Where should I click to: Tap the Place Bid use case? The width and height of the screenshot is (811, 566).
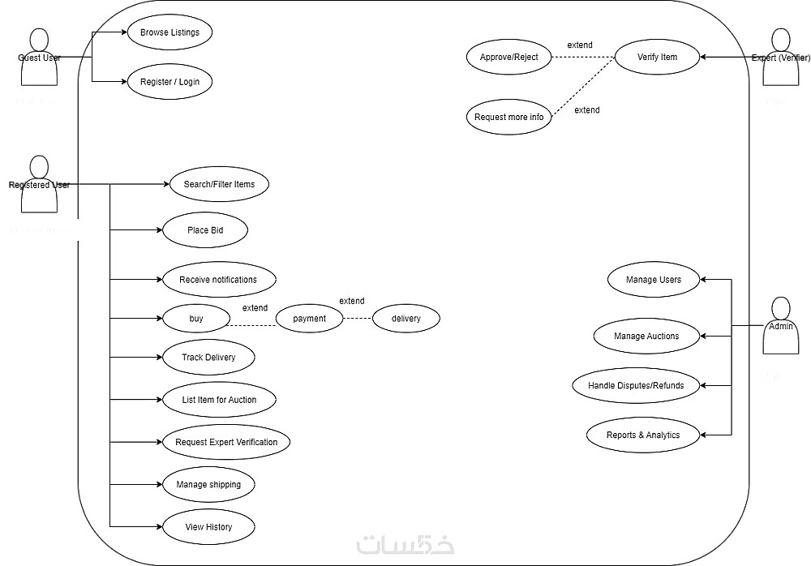205,230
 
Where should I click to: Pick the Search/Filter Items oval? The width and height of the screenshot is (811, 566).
219,184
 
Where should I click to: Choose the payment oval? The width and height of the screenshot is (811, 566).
309,319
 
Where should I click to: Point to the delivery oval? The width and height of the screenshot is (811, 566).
405,319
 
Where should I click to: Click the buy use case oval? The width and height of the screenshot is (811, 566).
196,319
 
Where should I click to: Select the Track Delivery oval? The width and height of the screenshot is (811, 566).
208,357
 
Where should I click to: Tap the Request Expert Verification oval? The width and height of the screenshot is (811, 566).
226,442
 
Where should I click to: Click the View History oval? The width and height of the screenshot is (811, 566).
208,527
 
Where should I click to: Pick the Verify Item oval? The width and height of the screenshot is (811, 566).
657,57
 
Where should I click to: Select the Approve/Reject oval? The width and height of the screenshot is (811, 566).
508,57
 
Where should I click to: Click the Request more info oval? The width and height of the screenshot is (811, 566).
508,117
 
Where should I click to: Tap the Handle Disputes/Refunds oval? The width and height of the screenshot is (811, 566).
636,385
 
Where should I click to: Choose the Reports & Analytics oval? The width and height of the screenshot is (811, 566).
643,435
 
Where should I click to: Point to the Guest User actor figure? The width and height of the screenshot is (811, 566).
39,57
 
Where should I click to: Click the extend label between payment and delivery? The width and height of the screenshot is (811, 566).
351,301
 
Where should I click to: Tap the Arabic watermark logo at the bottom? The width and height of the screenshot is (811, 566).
405,544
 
